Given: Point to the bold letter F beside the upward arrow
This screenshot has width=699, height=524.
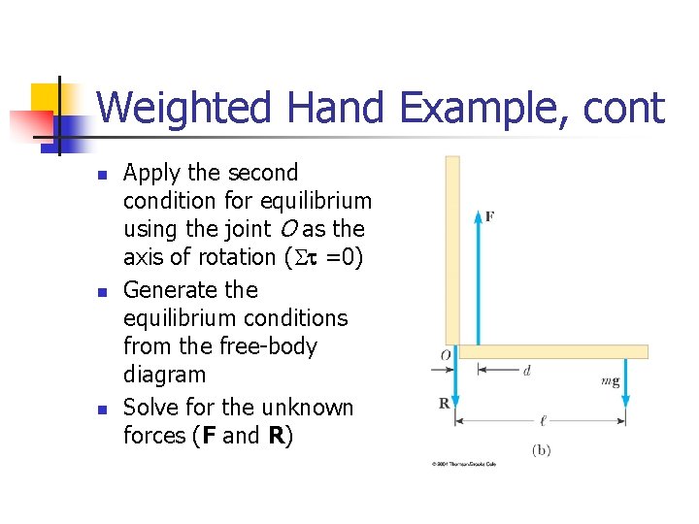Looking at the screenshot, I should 489,215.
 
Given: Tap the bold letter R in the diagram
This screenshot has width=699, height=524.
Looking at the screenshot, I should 444,403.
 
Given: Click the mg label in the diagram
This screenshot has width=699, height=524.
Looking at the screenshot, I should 610,381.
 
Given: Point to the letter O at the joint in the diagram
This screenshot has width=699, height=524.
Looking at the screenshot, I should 445,356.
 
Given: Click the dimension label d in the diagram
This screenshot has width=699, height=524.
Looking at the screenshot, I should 526,370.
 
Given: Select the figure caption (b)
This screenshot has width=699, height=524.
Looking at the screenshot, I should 542,449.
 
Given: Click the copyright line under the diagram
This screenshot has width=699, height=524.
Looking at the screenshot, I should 464,464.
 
